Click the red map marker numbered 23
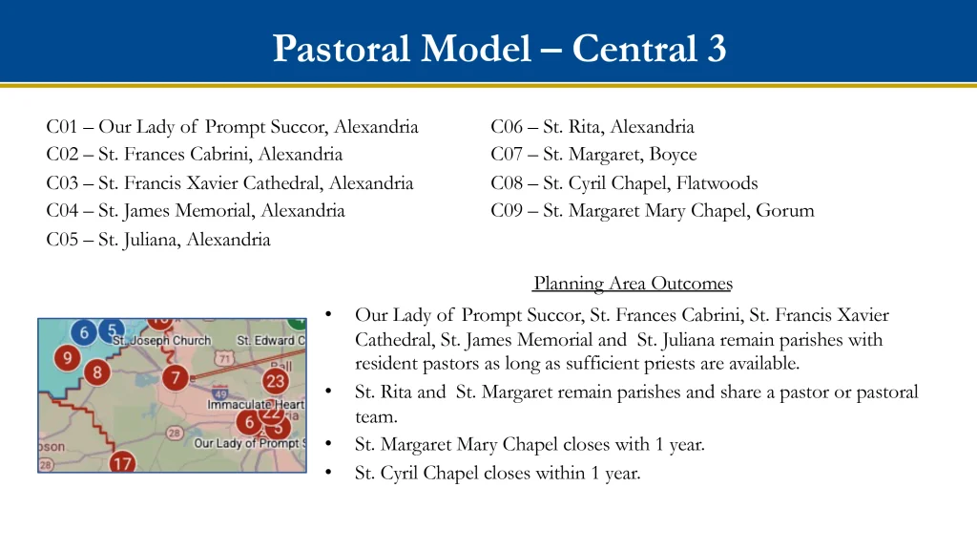pos(275,381)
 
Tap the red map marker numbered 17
pos(122,462)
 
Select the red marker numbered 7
pos(176,378)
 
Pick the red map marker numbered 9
pos(68,358)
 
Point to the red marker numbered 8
pos(97,372)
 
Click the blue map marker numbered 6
pos(84,332)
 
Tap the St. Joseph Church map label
pos(161,340)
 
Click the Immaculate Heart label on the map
pos(256,405)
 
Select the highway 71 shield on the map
pos(223,358)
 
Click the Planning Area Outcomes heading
pos(634,284)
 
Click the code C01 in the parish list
pos(62,127)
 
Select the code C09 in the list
pos(507,211)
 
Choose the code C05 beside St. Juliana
pos(62,240)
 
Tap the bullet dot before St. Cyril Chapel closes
pos(328,473)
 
